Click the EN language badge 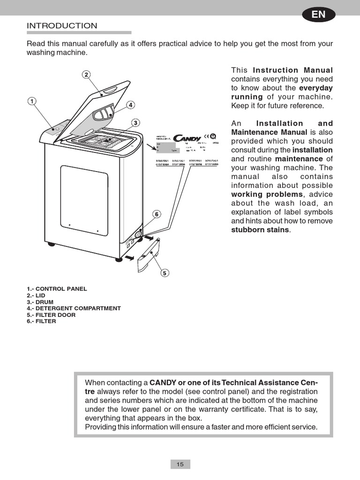pyautogui.click(x=318, y=15)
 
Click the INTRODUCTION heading pyautogui.click(x=62, y=26)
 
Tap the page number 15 pyautogui.click(x=180, y=464)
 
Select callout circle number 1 pyautogui.click(x=31, y=101)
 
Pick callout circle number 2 pyautogui.click(x=87, y=75)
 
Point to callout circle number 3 pyautogui.click(x=135, y=123)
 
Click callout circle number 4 pyautogui.click(x=130, y=105)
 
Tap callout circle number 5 pyautogui.click(x=165, y=273)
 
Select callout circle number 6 pyautogui.click(x=157, y=214)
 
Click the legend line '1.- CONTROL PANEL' pyautogui.click(x=57, y=289)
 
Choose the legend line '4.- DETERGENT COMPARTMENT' pyautogui.click(x=74, y=308)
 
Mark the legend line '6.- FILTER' pyautogui.click(x=41, y=322)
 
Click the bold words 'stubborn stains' pyautogui.click(x=261, y=230)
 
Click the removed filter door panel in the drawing pyautogui.click(x=149, y=255)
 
